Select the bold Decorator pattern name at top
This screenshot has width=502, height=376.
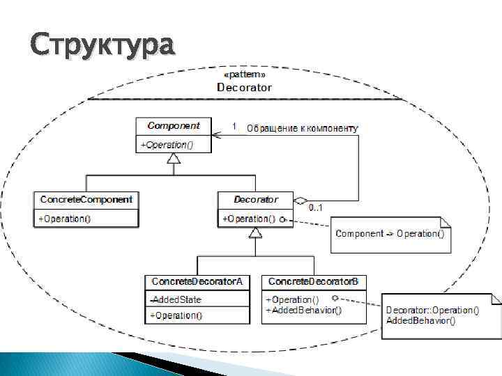click(244, 87)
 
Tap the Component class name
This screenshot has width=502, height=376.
click(174, 126)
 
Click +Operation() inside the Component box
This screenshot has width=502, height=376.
click(167, 145)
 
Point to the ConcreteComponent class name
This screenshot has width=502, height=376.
click(86, 200)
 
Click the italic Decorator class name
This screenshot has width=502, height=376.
click(255, 200)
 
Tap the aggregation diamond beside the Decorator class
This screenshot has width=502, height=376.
click(300, 201)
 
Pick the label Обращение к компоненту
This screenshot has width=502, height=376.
click(302, 127)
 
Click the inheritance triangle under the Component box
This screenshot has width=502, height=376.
click(174, 159)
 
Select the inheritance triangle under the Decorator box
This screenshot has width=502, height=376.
click(256, 233)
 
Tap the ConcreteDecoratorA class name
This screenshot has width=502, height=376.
click(197, 281)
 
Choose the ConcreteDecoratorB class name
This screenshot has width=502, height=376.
click(314, 281)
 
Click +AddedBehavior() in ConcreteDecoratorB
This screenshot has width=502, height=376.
click(303, 311)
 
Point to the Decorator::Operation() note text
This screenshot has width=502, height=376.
click(432, 310)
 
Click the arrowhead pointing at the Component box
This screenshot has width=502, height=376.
click(218, 136)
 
